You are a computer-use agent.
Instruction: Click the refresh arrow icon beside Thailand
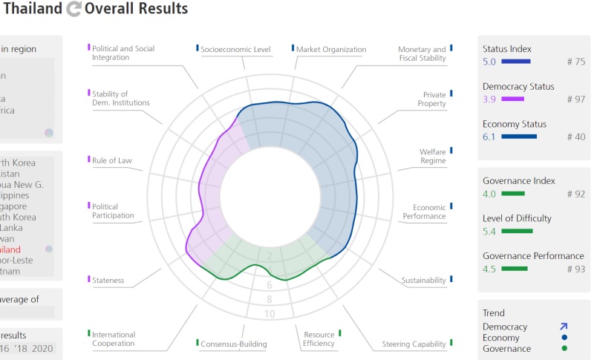[x=74, y=10]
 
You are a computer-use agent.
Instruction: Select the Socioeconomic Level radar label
[x=235, y=50]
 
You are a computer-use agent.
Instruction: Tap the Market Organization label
[x=331, y=50]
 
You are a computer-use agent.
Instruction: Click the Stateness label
[x=108, y=281]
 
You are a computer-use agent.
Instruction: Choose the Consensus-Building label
[x=233, y=344]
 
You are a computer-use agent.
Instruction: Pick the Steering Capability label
[x=414, y=344]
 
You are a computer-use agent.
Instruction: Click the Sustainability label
[x=423, y=281]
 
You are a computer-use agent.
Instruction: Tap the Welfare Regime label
[x=432, y=156]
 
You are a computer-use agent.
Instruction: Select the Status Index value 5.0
[x=489, y=62]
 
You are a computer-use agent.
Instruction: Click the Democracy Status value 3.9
[x=489, y=99]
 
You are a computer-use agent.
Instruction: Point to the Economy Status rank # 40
[x=575, y=137]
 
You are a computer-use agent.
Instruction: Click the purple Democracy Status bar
[x=512, y=99]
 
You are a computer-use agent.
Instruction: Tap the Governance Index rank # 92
[x=575, y=194]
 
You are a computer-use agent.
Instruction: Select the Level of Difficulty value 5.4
[x=489, y=232]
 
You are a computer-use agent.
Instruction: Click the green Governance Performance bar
[x=515, y=269]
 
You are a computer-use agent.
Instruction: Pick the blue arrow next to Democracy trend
[x=564, y=326]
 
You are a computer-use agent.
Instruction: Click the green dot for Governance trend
[x=564, y=348]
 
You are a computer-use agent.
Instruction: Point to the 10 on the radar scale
[x=270, y=314]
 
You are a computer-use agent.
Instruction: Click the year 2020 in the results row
[x=42, y=348]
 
